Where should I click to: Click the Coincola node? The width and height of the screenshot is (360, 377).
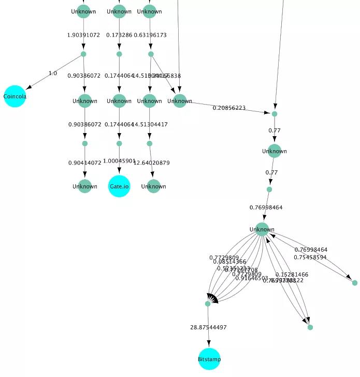(x=15, y=96)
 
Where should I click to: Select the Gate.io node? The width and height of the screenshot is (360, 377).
(x=119, y=186)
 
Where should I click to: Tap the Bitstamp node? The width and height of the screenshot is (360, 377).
(x=209, y=359)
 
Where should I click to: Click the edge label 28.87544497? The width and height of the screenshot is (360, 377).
(x=208, y=327)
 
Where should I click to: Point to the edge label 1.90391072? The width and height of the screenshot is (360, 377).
(x=83, y=35)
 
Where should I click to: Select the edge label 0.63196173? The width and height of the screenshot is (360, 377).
(x=150, y=35)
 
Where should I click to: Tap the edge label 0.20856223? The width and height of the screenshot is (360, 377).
(x=229, y=108)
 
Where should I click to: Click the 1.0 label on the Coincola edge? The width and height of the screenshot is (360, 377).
(x=53, y=73)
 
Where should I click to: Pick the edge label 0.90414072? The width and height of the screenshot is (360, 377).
(x=84, y=163)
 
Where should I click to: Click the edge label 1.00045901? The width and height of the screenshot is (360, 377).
(x=119, y=161)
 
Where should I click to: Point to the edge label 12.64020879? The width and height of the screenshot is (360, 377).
(x=152, y=163)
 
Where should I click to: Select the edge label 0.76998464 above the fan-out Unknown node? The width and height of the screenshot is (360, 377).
(x=266, y=207)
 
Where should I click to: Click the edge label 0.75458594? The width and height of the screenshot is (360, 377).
(x=310, y=257)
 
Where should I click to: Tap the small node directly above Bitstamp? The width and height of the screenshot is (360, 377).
(x=208, y=304)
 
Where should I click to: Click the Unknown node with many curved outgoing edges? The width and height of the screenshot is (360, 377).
(x=262, y=229)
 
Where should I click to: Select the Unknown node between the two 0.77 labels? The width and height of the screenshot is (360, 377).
(x=274, y=151)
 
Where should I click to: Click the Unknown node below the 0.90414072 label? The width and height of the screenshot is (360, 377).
(x=84, y=186)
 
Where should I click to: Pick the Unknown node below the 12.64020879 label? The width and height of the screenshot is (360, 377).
(x=153, y=186)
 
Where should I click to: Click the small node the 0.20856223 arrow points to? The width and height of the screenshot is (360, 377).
(x=275, y=114)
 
